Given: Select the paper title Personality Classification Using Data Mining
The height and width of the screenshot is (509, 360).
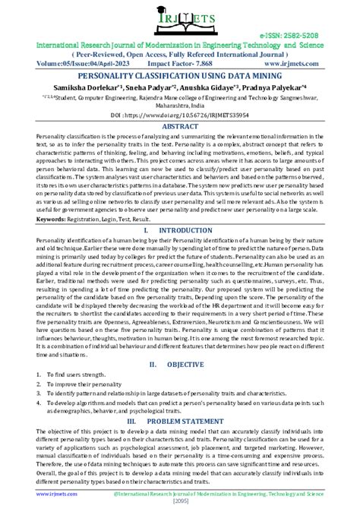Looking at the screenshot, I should tap(180, 76).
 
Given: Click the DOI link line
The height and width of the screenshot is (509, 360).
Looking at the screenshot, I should tap(180, 115).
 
